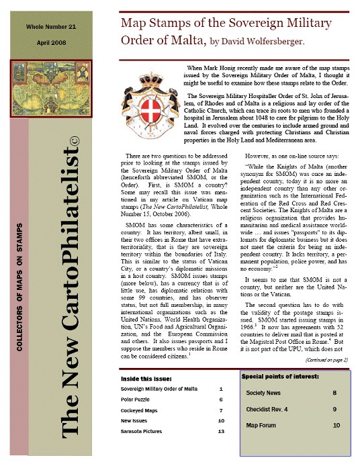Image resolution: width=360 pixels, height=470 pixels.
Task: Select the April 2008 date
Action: (50, 44)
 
